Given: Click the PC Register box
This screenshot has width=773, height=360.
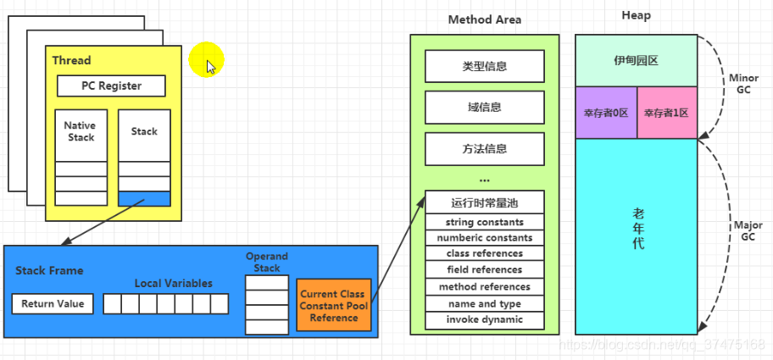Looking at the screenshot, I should click(x=111, y=86).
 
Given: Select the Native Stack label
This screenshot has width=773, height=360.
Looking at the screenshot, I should click(x=81, y=131).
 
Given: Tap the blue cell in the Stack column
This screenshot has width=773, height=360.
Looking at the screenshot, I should click(x=144, y=198).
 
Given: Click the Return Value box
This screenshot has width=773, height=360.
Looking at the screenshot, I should click(x=53, y=303).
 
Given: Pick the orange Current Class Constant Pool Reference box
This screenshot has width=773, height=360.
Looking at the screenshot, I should click(x=334, y=306).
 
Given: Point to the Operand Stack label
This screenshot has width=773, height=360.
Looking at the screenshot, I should click(x=267, y=262).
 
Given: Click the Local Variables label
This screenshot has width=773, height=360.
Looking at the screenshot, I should click(x=174, y=284).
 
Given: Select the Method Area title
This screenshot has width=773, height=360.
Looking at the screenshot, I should click(x=484, y=19).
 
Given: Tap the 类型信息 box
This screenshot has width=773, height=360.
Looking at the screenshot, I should click(x=484, y=66).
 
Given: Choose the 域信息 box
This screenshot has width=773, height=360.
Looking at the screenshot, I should click(x=484, y=108).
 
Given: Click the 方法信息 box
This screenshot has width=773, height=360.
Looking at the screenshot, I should click(x=484, y=149).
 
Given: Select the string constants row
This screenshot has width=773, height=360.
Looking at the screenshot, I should click(x=484, y=222).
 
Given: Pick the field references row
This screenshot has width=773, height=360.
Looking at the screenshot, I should click(x=484, y=270).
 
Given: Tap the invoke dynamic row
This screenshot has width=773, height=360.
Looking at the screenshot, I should click(x=484, y=319).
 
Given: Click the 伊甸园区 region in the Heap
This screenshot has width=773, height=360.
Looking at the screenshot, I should click(x=636, y=61).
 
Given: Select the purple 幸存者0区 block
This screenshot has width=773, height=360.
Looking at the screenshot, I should click(x=606, y=112).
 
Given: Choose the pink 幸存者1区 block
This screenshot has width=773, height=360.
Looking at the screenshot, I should click(x=666, y=112).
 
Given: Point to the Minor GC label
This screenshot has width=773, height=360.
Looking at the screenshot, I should click(x=743, y=83).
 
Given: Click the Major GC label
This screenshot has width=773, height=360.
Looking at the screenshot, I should click(x=748, y=231).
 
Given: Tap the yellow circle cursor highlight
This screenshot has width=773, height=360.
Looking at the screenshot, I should click(x=205, y=60).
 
